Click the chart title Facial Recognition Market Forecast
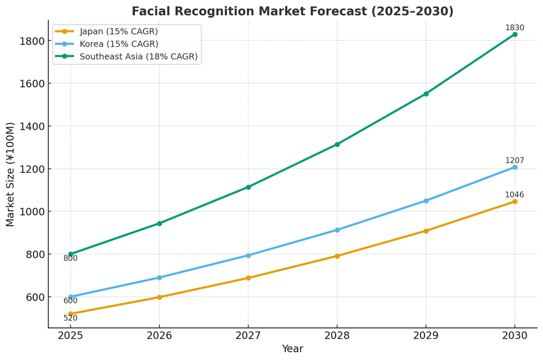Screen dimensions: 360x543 coord(292,11)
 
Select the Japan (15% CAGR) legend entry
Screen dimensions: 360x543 coord(119,31)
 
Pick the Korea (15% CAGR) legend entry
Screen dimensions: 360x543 coord(119,44)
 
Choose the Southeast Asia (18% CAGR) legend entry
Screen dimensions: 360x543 coord(138,56)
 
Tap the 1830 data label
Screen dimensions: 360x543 coord(514,28)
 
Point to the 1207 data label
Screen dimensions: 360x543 coord(514,161)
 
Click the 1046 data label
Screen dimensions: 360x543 coord(514,195)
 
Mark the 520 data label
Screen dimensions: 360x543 coord(70,318)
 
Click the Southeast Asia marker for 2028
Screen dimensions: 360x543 coord(337,144)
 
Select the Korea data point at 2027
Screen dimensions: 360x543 coord(248,256)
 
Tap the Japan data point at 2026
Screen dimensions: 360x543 coord(159,297)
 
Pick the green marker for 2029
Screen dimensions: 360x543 coord(426,94)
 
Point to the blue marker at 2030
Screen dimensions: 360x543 coord(514,168)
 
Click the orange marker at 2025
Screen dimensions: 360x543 coord(70,314)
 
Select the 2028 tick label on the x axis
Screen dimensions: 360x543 coord(337,336)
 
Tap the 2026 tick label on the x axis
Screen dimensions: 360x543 coord(159,336)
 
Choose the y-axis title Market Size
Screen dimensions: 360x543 coord(11,174)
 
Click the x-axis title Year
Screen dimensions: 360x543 coord(292,349)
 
